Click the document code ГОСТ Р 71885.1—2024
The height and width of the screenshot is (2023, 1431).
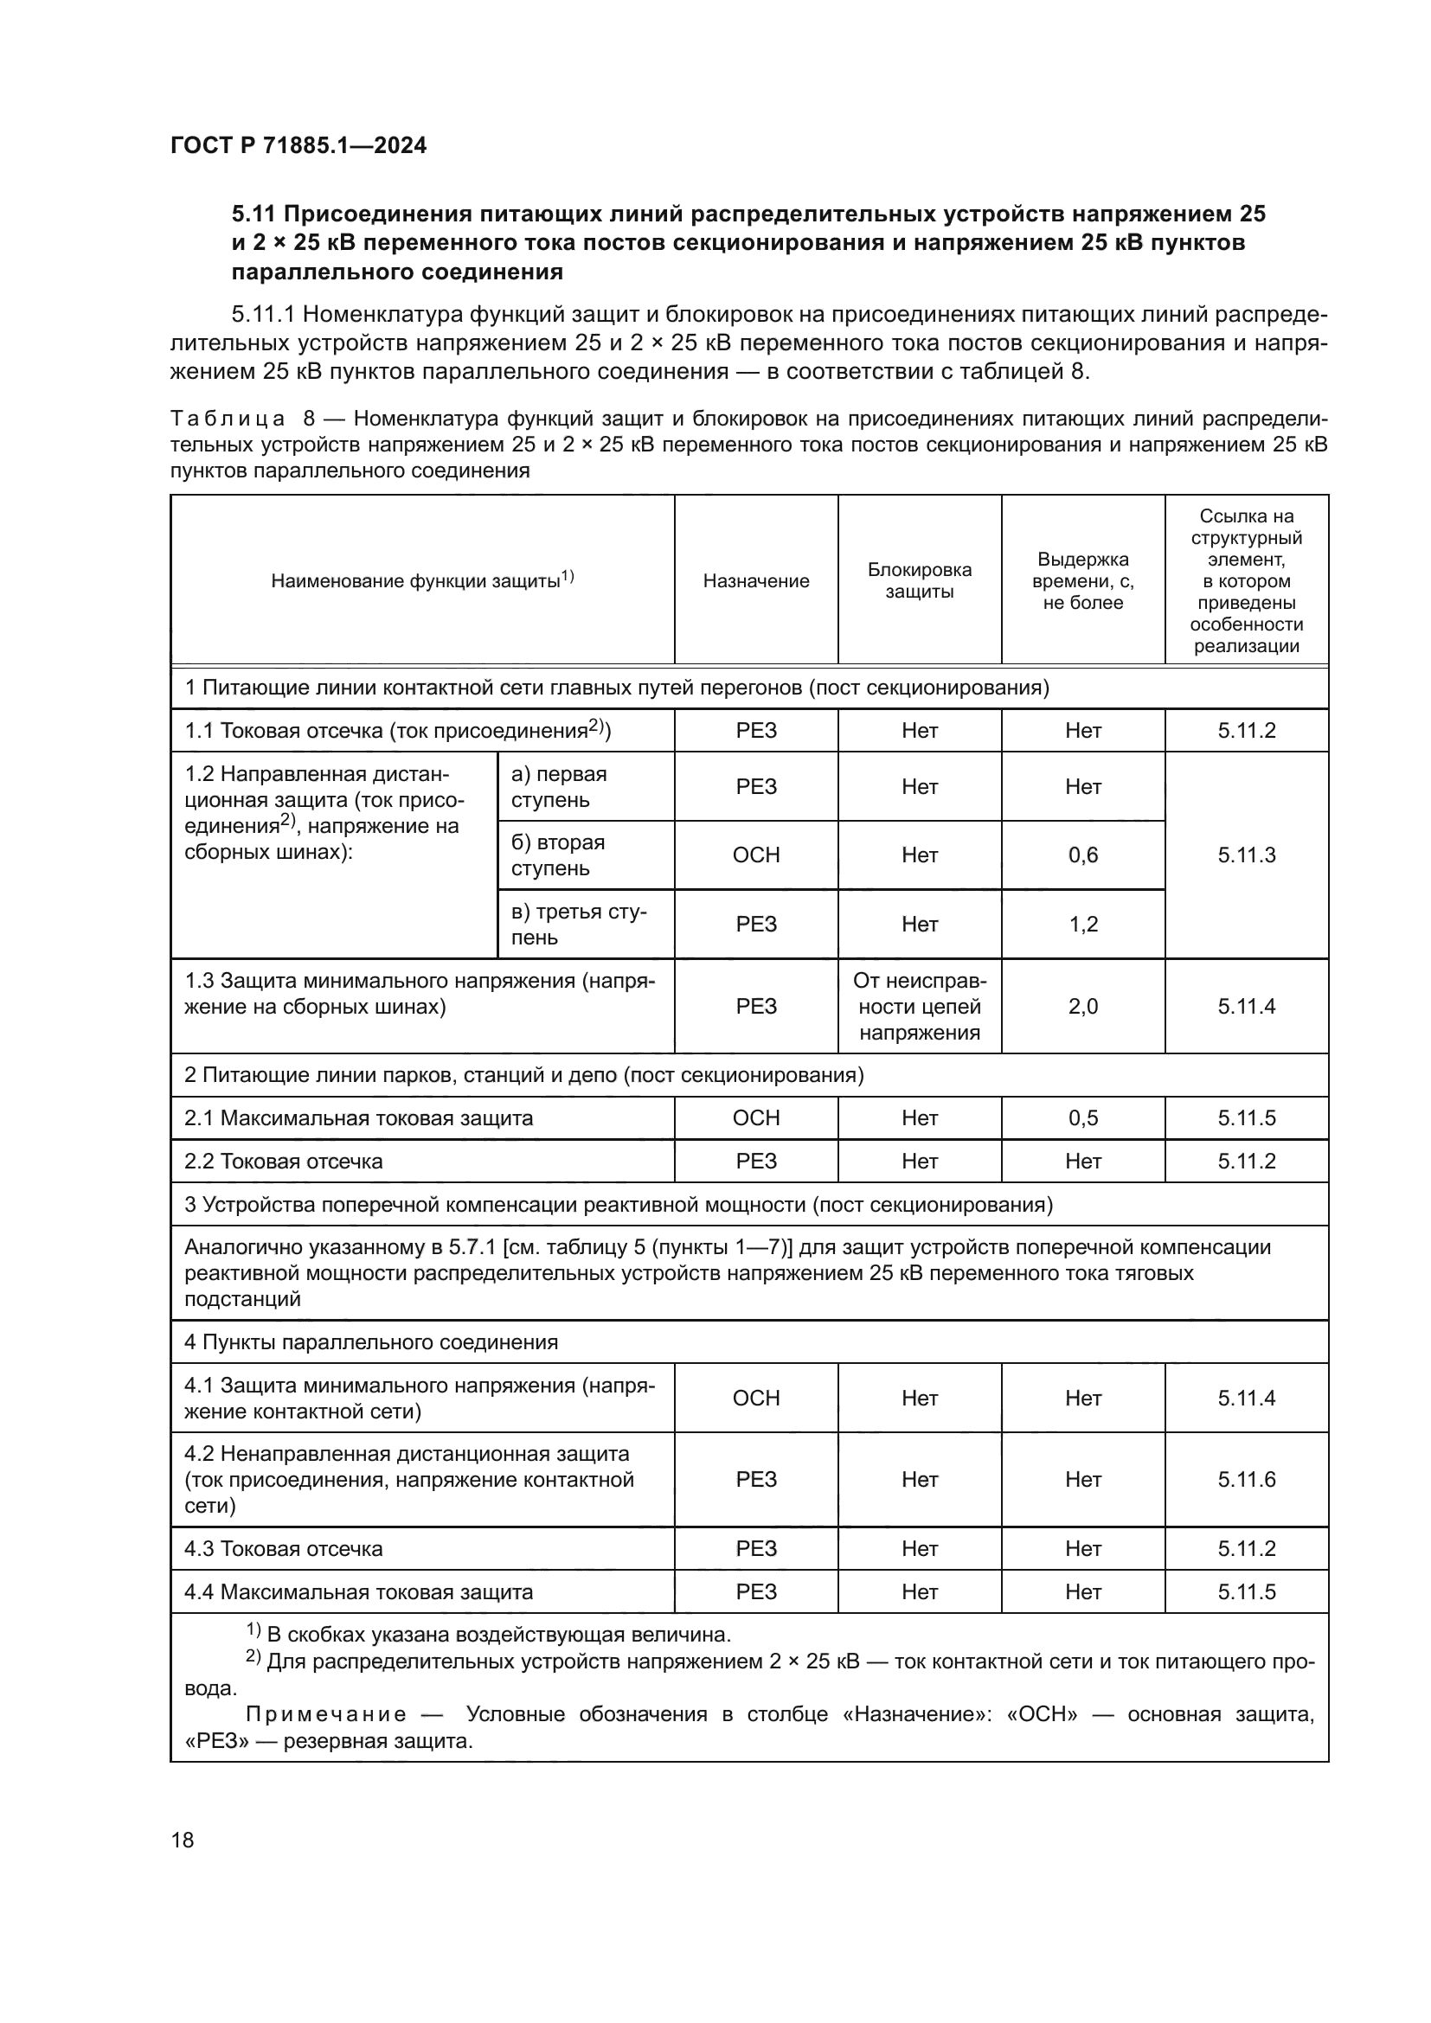click(x=298, y=146)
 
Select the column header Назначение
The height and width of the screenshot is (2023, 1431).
click(x=755, y=581)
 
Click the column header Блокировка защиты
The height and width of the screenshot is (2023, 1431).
click(x=919, y=580)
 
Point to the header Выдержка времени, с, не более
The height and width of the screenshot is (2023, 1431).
click(x=1082, y=581)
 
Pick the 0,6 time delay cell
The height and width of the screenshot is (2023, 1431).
click(x=1082, y=855)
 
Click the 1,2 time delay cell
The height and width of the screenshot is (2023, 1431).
click(x=1082, y=925)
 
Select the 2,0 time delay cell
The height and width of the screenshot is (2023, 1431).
click(x=1082, y=1006)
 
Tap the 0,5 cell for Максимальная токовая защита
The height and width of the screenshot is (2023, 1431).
click(x=1082, y=1118)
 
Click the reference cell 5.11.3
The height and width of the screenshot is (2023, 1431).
click(x=1246, y=855)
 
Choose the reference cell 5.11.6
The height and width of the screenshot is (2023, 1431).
click(x=1246, y=1479)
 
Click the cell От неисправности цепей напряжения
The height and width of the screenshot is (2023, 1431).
click(x=919, y=1006)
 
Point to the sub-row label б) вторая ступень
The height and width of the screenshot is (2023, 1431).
click(x=559, y=855)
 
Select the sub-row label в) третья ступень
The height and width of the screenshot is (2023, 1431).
click(x=578, y=925)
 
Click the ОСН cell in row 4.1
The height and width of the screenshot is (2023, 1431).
click(x=755, y=1399)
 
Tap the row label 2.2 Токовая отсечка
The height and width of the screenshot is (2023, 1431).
click(x=284, y=1162)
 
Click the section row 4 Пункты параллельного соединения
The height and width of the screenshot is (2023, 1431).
click(x=371, y=1342)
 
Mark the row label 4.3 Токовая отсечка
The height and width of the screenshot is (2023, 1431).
click(x=284, y=1549)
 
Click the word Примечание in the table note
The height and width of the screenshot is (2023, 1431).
click(x=326, y=1714)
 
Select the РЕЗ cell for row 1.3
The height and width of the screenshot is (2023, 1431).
click(x=755, y=1006)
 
